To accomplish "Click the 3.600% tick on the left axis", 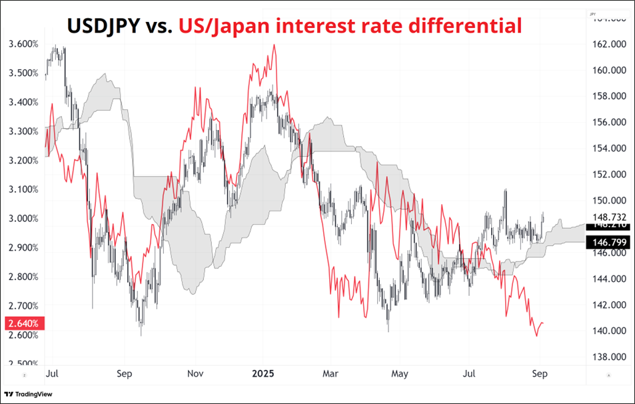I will [x=23, y=44].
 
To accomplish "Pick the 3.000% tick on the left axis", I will [x=23, y=219].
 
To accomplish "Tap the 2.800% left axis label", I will [x=23, y=277].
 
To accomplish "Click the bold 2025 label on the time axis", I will [x=263, y=374].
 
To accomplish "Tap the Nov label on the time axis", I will [x=194, y=374].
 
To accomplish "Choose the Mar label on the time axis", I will [x=330, y=374].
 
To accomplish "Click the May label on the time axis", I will [x=399, y=374].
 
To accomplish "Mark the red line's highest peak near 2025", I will [x=274, y=45].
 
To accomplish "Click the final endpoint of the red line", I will [x=544, y=323].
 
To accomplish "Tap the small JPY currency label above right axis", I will [x=592, y=13].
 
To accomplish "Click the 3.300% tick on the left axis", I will [x=23, y=131].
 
